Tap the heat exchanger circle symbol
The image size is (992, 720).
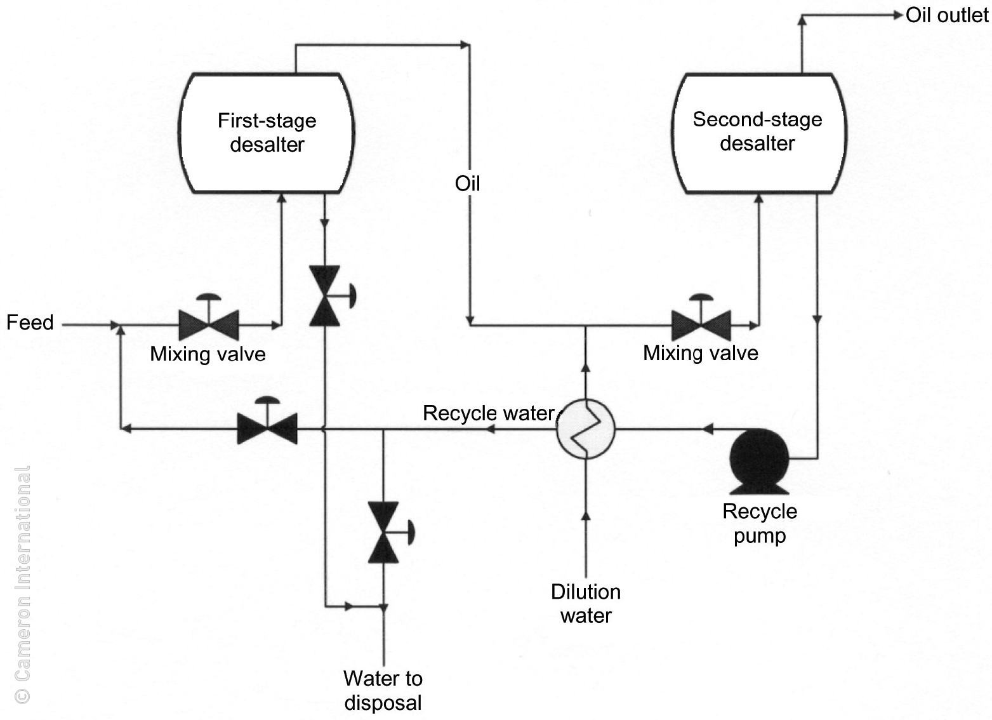pos(585,429)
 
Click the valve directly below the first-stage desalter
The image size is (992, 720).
pos(326,297)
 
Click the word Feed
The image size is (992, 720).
pos(30,323)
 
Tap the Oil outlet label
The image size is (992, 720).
pos(946,15)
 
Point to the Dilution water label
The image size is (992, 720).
pos(586,603)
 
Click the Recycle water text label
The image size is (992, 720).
pos(488,413)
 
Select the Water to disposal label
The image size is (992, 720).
pos(383,690)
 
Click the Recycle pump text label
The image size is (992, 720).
pos(760,523)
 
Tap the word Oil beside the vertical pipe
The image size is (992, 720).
pos(468,183)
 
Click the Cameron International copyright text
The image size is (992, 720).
pos(22,584)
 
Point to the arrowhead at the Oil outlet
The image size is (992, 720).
pos(897,15)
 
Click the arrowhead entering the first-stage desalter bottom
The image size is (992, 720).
pos(282,199)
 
